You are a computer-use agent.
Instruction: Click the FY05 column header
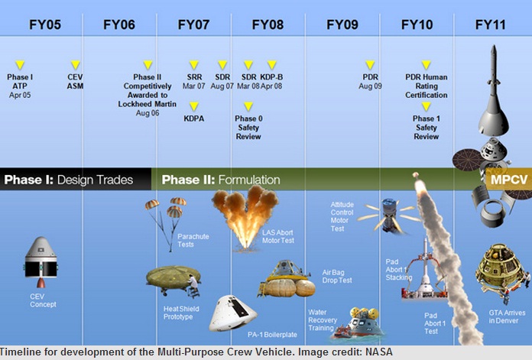pyautogui.click(x=45, y=24)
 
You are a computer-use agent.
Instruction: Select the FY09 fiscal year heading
pyautogui.click(x=342, y=24)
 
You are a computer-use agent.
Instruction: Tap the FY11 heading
pyautogui.click(x=490, y=24)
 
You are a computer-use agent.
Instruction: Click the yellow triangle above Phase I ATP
pyautogui.click(x=20, y=65)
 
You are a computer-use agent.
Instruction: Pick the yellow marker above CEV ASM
pyautogui.click(x=75, y=65)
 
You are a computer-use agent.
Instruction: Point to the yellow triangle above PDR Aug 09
pyautogui.click(x=370, y=65)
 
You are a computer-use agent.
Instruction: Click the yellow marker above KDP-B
pyautogui.click(x=271, y=65)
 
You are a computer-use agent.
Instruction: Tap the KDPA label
pyautogui.click(x=194, y=118)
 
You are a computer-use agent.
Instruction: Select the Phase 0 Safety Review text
pyautogui.click(x=248, y=128)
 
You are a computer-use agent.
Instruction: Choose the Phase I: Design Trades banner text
pyautogui.click(x=68, y=180)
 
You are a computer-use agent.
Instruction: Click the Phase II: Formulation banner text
pyautogui.click(x=221, y=180)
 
